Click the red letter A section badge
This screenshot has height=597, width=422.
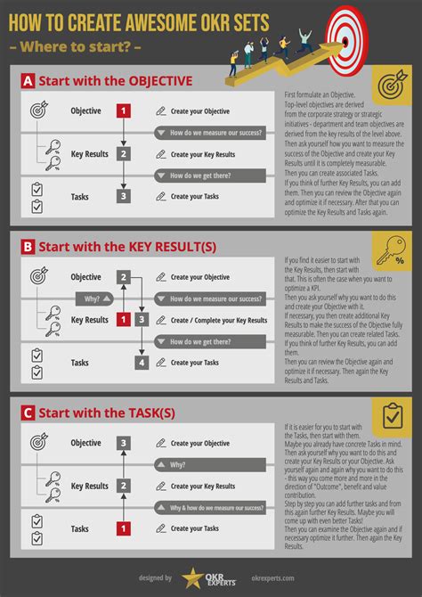28,81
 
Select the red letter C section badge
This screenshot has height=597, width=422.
28,413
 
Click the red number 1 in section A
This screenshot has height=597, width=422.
123,111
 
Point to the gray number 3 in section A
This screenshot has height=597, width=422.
123,196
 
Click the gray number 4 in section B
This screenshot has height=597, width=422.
142,362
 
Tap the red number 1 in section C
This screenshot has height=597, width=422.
123,528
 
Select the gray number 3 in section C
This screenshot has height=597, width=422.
123,443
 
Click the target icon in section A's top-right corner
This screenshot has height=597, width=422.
391,86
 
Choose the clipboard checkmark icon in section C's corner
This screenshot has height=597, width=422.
391,417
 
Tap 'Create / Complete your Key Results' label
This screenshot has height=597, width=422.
218,320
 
